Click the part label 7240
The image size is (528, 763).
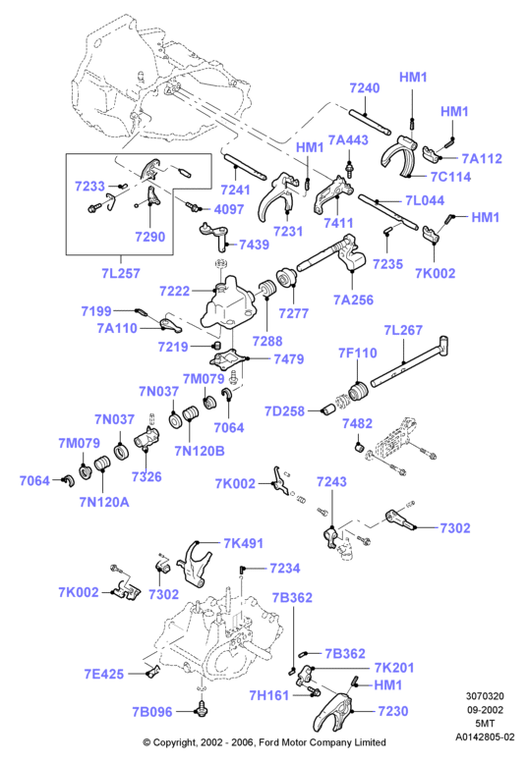pos(365,88)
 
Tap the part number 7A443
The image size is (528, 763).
pos(348,140)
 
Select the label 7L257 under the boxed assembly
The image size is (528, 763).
pos(121,273)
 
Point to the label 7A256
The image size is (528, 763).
pos(353,300)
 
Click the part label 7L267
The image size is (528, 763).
pos(403,330)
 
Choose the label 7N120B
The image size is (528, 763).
pos(200,451)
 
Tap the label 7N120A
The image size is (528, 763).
pos(104,502)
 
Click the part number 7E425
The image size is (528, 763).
pos(104,674)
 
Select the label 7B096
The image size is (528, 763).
pos(152,712)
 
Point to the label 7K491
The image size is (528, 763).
pos(243,543)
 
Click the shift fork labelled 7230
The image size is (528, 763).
pos(335,709)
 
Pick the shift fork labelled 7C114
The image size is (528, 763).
pos(399,155)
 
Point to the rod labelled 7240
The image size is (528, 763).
pos(370,122)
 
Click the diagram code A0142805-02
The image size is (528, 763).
pos(485,737)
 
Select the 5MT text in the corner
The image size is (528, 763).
pos(484,724)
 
